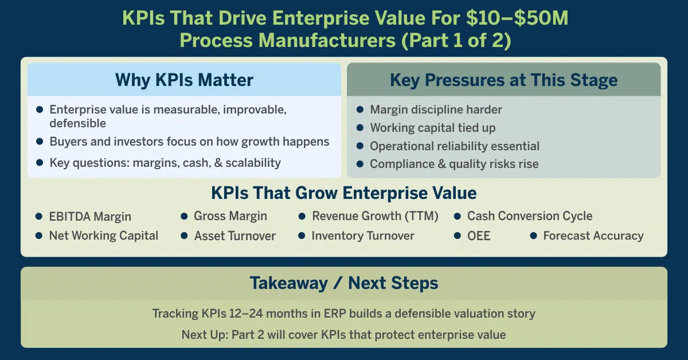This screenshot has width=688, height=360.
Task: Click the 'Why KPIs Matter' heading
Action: click(x=184, y=80)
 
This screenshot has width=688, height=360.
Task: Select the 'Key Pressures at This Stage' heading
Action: click(x=503, y=80)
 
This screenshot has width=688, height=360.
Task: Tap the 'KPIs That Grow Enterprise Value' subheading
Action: click(x=343, y=193)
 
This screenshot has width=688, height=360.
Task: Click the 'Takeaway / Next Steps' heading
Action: click(x=343, y=283)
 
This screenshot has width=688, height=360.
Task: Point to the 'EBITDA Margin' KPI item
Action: click(x=90, y=217)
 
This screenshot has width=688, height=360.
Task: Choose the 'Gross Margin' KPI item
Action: click(x=230, y=216)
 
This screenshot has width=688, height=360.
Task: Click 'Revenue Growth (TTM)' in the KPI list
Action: click(x=375, y=216)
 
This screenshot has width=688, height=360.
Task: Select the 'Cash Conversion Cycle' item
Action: click(x=530, y=216)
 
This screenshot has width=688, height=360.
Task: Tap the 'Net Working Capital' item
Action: click(x=103, y=236)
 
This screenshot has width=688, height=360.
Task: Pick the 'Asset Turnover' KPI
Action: click(x=234, y=236)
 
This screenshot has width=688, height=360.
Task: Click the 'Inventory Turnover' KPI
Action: click(x=362, y=236)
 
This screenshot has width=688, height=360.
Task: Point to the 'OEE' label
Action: click(x=479, y=236)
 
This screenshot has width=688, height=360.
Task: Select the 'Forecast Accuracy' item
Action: click(x=593, y=236)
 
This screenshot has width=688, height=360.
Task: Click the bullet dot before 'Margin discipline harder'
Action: click(x=359, y=109)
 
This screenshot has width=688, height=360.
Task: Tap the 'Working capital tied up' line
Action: click(x=432, y=128)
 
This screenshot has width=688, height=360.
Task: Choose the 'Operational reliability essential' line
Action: click(x=455, y=146)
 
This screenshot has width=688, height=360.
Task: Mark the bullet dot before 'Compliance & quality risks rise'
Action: click(x=359, y=165)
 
